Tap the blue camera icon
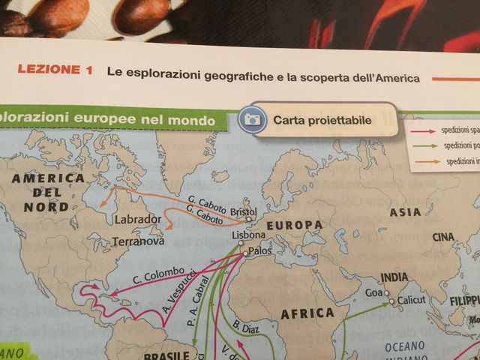[x=253, y=119]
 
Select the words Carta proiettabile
[x=322, y=119]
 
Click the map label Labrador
[x=138, y=220]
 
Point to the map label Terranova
[x=137, y=242]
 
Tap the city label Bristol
[x=243, y=211]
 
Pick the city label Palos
[x=259, y=251]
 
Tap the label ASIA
[x=405, y=212]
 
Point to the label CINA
[x=443, y=238]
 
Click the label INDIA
[x=394, y=277]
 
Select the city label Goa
[x=373, y=293]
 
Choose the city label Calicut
[x=411, y=299]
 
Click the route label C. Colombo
[x=158, y=276]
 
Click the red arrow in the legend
[x=422, y=130]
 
